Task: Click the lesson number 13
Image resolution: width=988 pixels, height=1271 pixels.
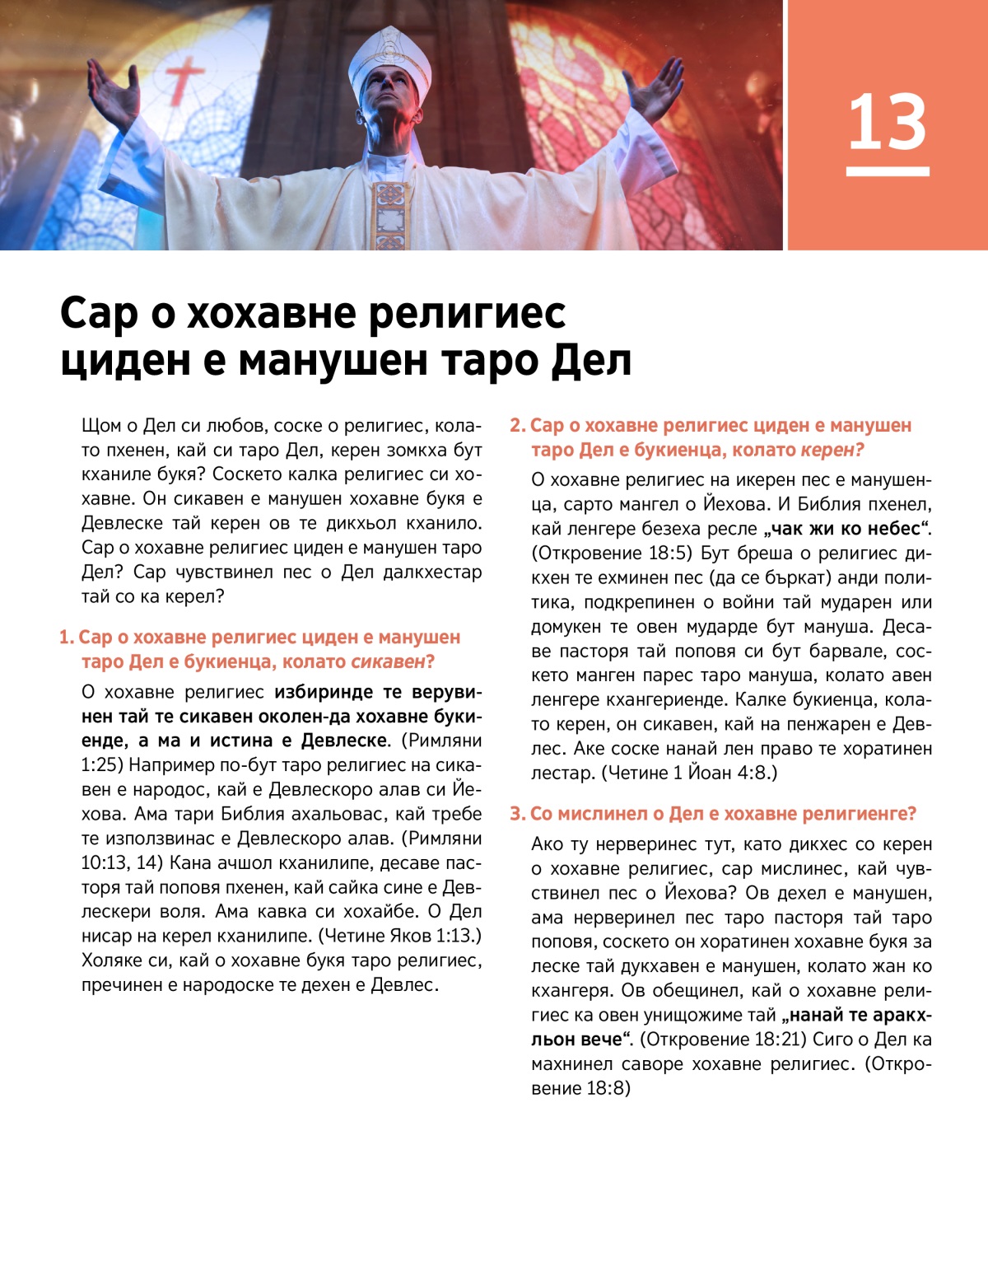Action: (x=887, y=122)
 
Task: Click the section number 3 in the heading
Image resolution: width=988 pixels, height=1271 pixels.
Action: (x=516, y=814)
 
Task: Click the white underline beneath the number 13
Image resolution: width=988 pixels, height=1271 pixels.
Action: (x=887, y=171)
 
